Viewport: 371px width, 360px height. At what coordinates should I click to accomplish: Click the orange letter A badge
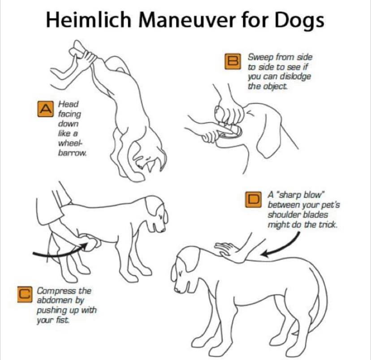pyautogui.click(x=45, y=109)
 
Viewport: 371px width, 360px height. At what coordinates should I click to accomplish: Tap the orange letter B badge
pyautogui.click(x=233, y=61)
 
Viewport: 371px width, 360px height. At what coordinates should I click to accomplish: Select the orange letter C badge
pyautogui.click(x=25, y=295)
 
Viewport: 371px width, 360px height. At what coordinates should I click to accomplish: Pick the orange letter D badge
pyautogui.click(x=253, y=200)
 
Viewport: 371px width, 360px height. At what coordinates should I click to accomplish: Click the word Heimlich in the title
pyautogui.click(x=88, y=20)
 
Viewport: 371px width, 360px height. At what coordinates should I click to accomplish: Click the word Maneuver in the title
pyautogui.click(x=186, y=20)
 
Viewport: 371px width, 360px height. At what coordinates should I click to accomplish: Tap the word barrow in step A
pyautogui.click(x=72, y=153)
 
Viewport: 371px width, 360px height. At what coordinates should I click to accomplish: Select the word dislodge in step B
pyautogui.click(x=295, y=77)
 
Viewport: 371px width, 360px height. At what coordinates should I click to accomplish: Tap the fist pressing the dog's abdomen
pyautogui.click(x=90, y=242)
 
